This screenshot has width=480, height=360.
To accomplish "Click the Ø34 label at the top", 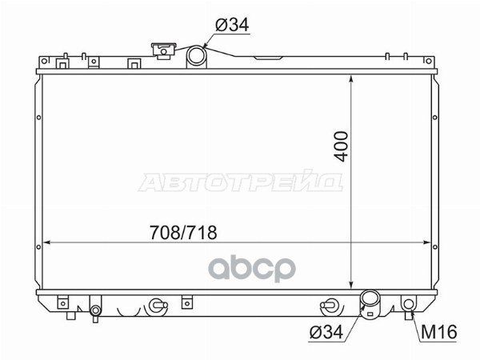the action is click(x=232, y=25).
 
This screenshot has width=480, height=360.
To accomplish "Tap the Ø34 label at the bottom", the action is click(x=326, y=331).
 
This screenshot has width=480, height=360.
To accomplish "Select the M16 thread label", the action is click(x=439, y=331).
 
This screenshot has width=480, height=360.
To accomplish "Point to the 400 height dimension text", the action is click(x=342, y=146).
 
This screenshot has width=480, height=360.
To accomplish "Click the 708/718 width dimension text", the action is click(x=183, y=232).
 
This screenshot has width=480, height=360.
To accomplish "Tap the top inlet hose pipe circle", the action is click(x=196, y=55).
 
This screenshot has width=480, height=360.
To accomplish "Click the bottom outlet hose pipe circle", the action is click(x=370, y=298).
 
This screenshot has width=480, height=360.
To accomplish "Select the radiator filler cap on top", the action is click(x=164, y=50).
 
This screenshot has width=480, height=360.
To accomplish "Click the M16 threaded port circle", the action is click(x=408, y=304).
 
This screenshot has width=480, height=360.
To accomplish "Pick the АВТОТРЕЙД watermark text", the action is click(x=240, y=182).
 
